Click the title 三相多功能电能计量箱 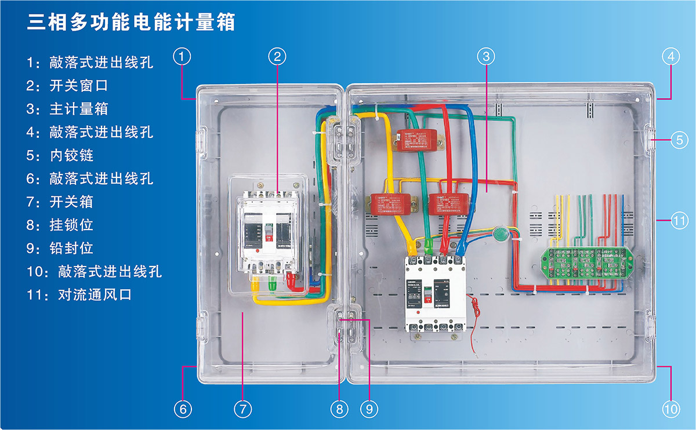tap(131, 23)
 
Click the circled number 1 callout tap(182, 56)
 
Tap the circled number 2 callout tap(278, 56)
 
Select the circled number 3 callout tap(486, 56)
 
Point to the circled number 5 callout tap(679, 140)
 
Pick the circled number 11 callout tap(679, 221)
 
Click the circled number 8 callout tap(339, 409)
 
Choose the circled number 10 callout tap(670, 409)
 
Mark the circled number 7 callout tap(243, 409)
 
